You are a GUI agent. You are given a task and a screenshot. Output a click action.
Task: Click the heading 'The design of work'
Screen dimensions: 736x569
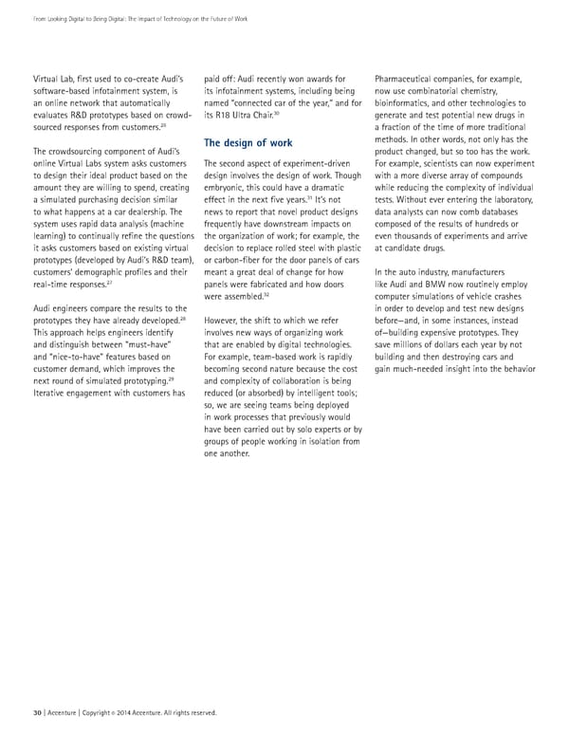tap(248, 143)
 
